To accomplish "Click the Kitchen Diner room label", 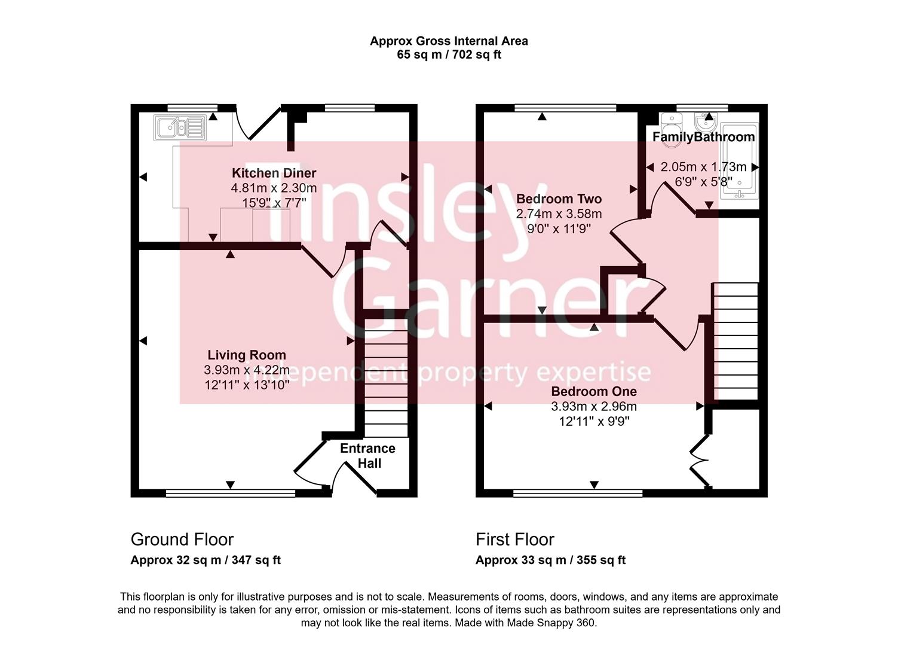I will point(274,173).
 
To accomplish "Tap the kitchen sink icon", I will point(180,127).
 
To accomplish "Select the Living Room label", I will point(247,355).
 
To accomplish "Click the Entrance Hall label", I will point(368,456).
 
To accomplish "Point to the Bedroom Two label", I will point(559,199).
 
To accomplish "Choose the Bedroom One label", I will point(594,391).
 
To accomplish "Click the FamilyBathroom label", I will point(703,137).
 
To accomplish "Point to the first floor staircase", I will point(736,342).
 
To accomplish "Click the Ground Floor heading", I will point(182,540).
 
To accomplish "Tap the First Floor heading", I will point(515,540).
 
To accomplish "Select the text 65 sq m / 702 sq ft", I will point(449,55).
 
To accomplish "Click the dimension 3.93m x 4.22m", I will point(247,370).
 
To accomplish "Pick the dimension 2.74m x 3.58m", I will point(559,214).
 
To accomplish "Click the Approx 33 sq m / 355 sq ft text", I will point(550,560).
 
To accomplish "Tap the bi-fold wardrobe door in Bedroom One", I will point(698,461).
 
